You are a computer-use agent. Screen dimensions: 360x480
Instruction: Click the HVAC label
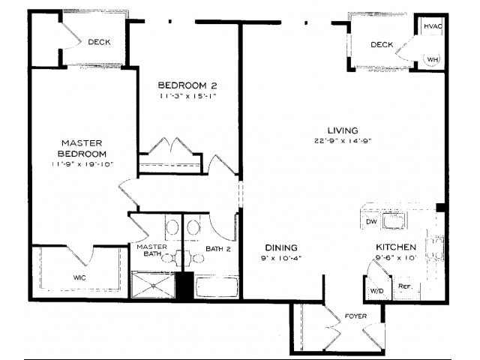point(432,26)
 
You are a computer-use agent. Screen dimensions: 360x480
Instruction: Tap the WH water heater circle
point(433,58)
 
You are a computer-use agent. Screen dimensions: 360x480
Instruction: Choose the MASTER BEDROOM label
point(82,148)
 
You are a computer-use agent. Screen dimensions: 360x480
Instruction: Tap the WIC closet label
point(79,277)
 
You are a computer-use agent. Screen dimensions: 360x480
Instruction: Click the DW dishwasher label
point(370,222)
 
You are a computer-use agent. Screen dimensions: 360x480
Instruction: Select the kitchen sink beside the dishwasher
point(394,221)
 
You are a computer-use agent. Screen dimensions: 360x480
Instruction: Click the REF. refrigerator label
point(404,286)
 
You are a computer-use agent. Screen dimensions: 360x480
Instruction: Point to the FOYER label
point(355,316)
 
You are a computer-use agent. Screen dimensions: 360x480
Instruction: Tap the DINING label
point(281,247)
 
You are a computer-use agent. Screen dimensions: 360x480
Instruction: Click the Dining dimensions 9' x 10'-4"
point(281,259)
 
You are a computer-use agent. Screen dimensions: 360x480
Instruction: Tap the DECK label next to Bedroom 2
point(99,42)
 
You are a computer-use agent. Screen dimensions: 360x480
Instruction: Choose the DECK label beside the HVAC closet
point(382,45)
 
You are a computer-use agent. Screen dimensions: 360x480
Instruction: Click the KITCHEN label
point(395,247)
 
